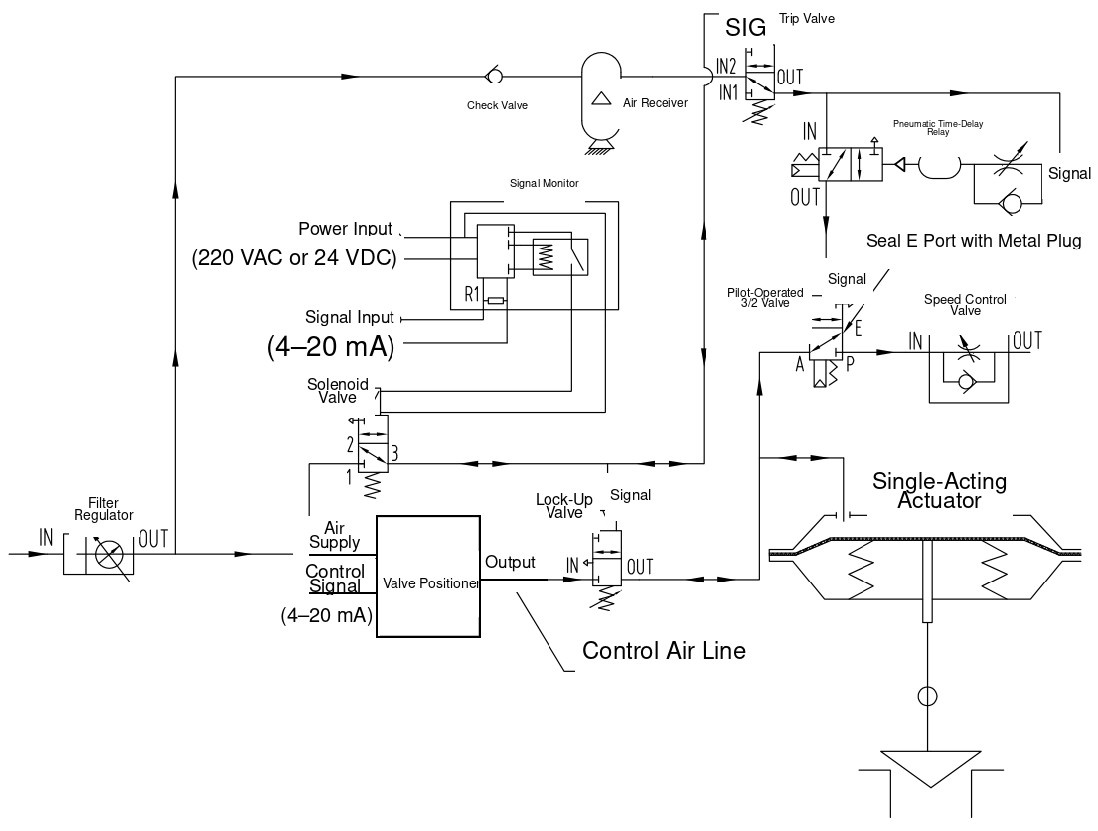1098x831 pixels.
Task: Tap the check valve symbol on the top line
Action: [x=493, y=75]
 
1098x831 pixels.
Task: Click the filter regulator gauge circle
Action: [x=109, y=555]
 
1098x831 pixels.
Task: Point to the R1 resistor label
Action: [x=472, y=293]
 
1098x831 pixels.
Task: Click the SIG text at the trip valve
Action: [x=746, y=27]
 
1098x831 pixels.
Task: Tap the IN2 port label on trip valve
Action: [x=726, y=67]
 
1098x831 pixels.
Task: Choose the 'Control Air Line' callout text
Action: [x=664, y=651]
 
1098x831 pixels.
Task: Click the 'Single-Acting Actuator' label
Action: [x=940, y=490]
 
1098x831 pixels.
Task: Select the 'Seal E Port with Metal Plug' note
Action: [x=974, y=241]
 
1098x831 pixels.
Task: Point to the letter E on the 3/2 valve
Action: [x=858, y=327]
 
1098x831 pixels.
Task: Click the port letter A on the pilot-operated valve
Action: [x=800, y=364]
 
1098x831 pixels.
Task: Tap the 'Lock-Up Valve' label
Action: [x=564, y=506]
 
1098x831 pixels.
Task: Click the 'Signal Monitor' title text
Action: [x=545, y=183]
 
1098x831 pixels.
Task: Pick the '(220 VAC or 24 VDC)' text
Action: [x=294, y=258]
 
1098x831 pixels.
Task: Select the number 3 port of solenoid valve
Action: [x=394, y=454]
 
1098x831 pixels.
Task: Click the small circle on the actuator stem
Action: [x=927, y=696]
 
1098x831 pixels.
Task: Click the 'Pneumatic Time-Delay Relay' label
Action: [x=938, y=127]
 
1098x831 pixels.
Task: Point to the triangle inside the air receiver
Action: [x=601, y=98]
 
